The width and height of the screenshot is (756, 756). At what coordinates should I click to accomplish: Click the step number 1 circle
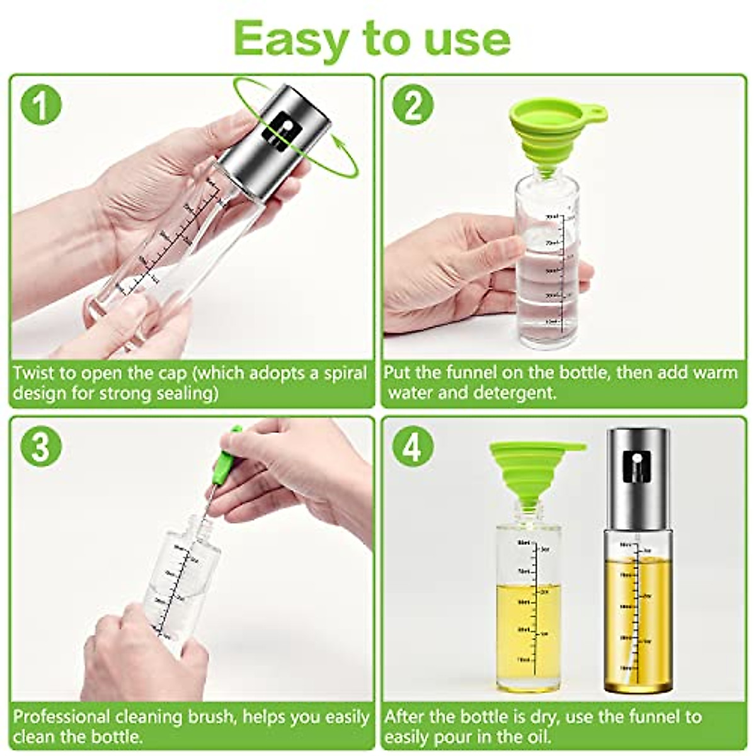point(41,105)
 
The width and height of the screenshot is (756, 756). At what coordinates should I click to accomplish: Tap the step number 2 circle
point(413,105)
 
